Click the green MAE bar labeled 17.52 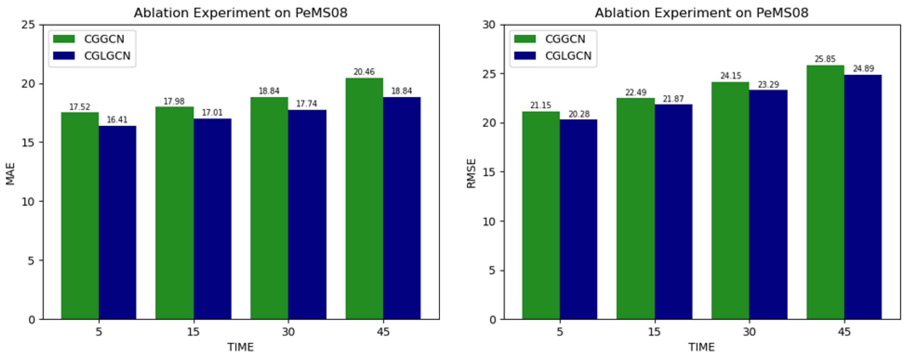(x=80, y=216)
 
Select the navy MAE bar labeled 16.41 (x=117, y=222)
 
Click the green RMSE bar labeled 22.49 (x=636, y=208)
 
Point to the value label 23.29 (x=768, y=85)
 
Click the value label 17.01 (x=212, y=113)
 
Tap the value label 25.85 (x=825, y=59)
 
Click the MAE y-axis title (x=11, y=174)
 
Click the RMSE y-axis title (x=471, y=174)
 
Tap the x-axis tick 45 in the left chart (x=383, y=332)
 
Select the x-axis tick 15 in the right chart (x=654, y=332)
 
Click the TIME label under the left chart (x=240, y=347)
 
